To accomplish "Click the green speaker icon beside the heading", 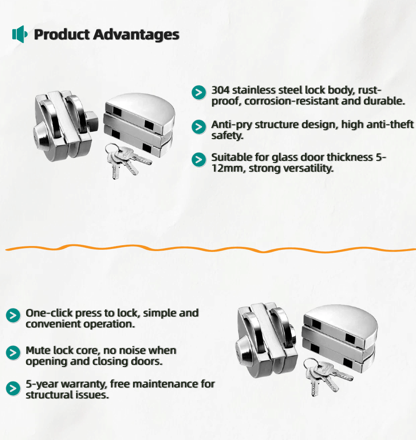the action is click(x=20, y=34).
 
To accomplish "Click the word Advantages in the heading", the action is click(x=136, y=35).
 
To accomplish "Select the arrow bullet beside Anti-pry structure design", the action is click(x=199, y=127).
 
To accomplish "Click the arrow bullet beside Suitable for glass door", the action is click(x=199, y=160).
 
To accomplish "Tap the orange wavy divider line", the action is click(x=211, y=249).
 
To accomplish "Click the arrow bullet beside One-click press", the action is click(x=13, y=315).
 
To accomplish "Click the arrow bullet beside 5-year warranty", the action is click(x=13, y=388).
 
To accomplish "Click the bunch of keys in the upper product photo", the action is click(x=126, y=160).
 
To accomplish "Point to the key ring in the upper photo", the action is click(x=111, y=150).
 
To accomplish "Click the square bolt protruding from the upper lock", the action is click(x=91, y=121).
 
